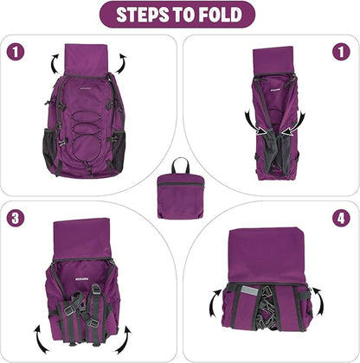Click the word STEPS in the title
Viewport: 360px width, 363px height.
[140, 15]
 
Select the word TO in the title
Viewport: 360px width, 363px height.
[180, 15]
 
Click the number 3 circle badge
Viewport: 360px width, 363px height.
[16, 218]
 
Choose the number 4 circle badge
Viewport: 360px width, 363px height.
[341, 218]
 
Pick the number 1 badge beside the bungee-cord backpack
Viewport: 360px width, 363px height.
[16, 52]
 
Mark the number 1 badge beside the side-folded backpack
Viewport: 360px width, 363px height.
[341, 52]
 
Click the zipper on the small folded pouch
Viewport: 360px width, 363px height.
[179, 184]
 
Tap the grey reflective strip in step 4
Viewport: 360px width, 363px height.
[250, 291]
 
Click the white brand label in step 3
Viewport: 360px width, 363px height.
[82, 279]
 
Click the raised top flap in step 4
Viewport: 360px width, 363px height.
[267, 255]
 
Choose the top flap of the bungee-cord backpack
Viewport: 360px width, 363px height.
[86, 60]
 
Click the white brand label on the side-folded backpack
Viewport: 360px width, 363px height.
[275, 91]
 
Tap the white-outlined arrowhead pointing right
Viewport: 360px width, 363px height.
[261, 131]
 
